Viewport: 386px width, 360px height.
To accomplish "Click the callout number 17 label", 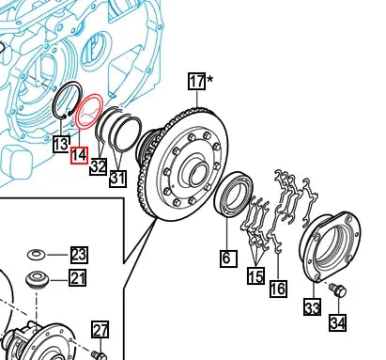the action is tap(197, 81).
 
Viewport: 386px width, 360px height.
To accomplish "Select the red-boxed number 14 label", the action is tap(79, 155).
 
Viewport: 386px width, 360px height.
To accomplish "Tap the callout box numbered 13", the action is tap(61, 145).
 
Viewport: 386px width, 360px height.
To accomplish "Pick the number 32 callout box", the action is tap(99, 166).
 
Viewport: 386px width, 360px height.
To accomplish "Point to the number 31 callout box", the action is tap(118, 179).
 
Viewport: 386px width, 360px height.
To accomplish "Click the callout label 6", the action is tap(228, 258).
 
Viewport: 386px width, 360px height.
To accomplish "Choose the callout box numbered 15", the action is tap(255, 276).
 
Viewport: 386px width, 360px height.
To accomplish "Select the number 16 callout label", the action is tap(278, 289).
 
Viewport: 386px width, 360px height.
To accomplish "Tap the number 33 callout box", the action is tap(312, 306).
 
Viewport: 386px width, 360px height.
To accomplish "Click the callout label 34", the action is tap(338, 322).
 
